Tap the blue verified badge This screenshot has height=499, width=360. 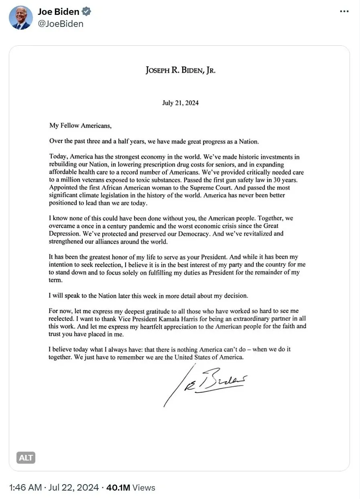(86, 12)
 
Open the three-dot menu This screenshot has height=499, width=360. (344, 11)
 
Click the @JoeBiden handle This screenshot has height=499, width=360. (61, 24)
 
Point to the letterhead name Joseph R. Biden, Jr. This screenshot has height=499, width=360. (181, 71)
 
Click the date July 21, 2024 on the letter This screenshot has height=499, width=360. (180, 103)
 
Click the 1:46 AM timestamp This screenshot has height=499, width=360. (25, 488)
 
